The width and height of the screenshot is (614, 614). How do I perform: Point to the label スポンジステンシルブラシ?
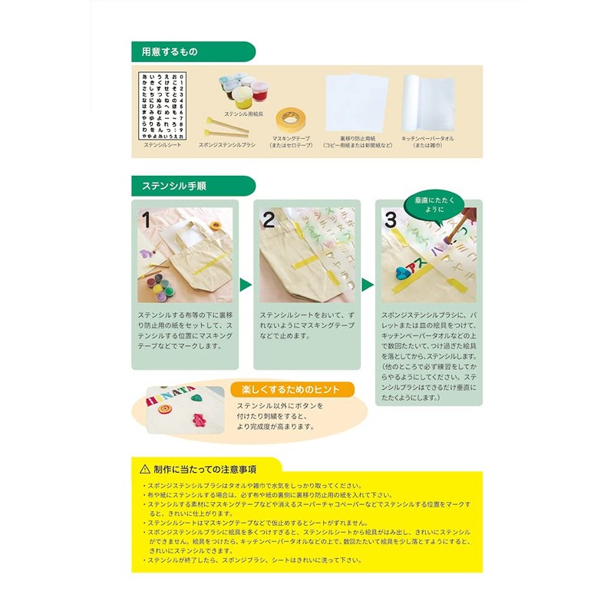[227, 144]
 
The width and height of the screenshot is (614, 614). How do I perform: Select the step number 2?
[269, 220]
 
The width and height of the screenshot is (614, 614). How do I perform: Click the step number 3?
[391, 220]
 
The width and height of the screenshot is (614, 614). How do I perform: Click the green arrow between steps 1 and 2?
[246, 285]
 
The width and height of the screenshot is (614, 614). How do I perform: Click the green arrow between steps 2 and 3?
[368, 285]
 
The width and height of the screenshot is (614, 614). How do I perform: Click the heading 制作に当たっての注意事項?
[204, 468]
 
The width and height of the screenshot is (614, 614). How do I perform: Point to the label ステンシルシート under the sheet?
[163, 144]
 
